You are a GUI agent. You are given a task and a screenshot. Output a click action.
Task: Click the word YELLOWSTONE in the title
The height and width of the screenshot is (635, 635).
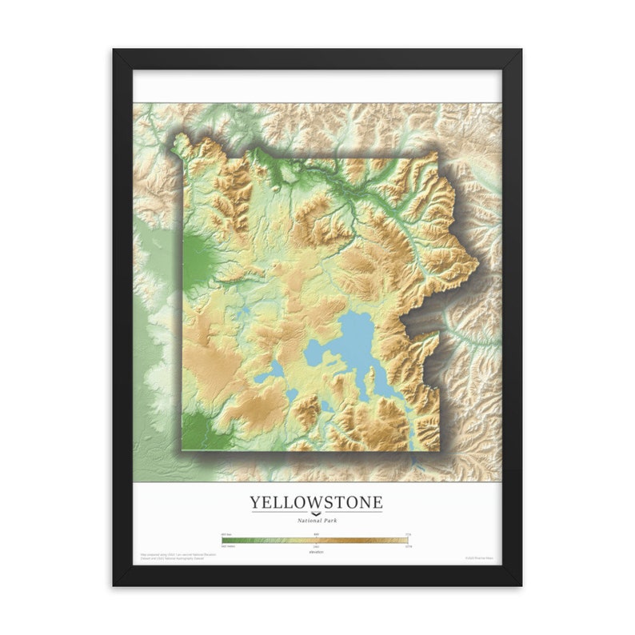click(x=316, y=502)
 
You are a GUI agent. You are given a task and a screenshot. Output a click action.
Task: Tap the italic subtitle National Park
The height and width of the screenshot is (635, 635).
click(x=316, y=521)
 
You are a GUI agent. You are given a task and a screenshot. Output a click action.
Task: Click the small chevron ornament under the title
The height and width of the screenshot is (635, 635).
click(x=316, y=513)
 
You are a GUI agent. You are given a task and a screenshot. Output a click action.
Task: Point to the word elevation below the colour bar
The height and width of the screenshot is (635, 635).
click(x=316, y=551)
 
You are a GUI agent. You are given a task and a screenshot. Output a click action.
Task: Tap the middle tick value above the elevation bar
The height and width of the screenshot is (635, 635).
click(x=316, y=533)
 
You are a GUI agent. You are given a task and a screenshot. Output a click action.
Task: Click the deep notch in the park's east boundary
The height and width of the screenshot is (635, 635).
click(x=408, y=320)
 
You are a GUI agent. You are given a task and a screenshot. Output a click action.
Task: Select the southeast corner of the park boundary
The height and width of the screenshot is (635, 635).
click(x=439, y=449)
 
